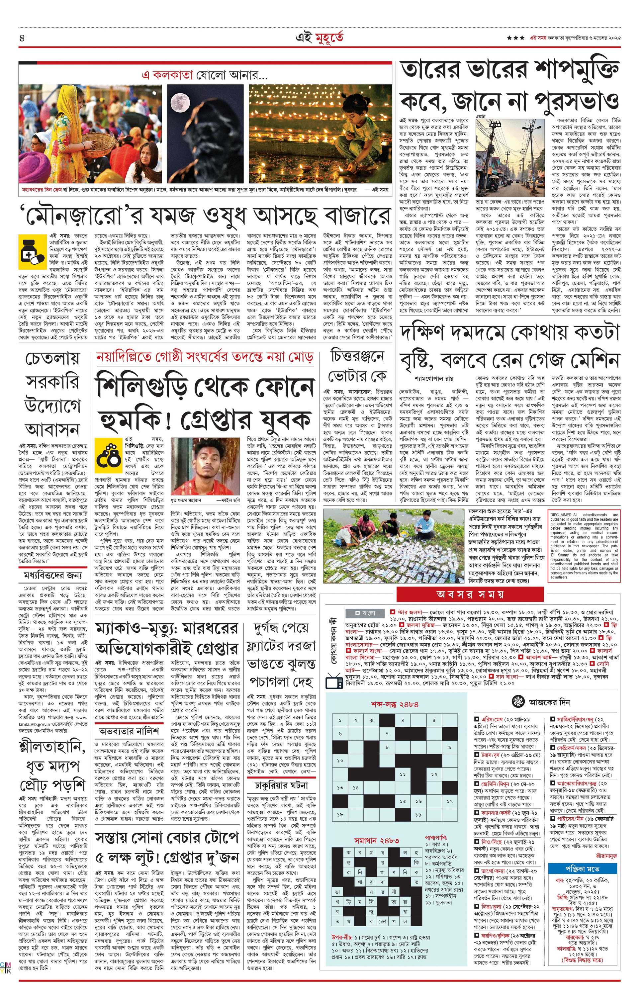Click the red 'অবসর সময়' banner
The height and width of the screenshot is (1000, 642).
(x=470, y=594)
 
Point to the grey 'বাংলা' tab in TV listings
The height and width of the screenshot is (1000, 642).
(x=366, y=613)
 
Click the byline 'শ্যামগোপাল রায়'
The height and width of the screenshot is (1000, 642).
(x=433, y=379)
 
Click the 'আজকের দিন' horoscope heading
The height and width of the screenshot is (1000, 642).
(x=549, y=702)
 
